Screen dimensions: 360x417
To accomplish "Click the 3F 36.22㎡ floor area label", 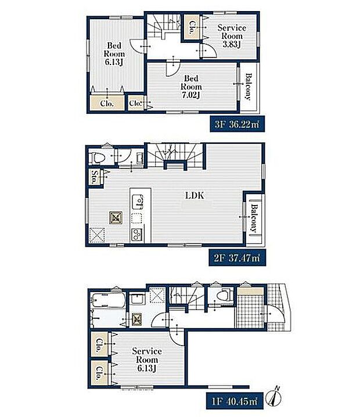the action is click(237, 124).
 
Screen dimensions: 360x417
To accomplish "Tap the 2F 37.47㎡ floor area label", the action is click(237, 258).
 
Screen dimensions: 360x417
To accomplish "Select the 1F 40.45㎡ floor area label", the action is click(235, 401).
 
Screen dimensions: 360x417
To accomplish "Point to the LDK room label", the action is click(195, 196).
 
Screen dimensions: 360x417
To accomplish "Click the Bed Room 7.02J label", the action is click(191, 87).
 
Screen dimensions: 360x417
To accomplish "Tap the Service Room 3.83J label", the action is click(232, 36).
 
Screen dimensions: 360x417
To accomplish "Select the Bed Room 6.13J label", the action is click(114, 53).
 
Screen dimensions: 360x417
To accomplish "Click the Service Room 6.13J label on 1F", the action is click(147, 360).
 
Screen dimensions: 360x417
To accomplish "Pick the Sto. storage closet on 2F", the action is click(95, 177).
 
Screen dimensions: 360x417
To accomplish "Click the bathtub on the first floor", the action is click(108, 300).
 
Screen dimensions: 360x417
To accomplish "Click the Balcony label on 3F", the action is click(248, 87).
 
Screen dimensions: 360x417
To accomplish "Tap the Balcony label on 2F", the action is click(254, 218).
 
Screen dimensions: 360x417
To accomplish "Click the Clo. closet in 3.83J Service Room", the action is click(192, 27).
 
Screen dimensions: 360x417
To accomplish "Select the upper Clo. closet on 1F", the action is click(99, 345).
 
